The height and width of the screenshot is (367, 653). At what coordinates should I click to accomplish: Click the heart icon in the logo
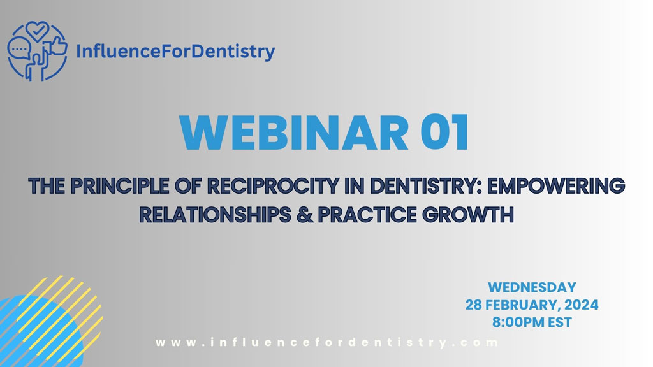[37, 31]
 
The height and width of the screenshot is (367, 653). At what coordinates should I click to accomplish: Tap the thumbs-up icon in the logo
[57, 45]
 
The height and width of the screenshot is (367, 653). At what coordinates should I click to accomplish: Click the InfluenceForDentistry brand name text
[175, 52]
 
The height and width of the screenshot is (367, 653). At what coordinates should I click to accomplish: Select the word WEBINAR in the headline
[294, 133]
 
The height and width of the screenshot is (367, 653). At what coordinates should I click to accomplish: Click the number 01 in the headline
[445, 133]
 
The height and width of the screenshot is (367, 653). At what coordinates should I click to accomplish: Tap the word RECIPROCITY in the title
[272, 186]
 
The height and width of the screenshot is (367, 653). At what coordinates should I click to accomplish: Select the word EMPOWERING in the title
[556, 186]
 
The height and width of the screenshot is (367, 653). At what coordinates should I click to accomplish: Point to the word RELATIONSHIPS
[215, 215]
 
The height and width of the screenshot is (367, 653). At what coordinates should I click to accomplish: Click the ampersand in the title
[305, 215]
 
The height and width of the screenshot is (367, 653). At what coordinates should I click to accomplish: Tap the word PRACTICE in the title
[367, 215]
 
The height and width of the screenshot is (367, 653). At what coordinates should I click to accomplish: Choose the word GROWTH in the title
[468, 215]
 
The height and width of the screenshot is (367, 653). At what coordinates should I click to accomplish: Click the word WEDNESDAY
[532, 287]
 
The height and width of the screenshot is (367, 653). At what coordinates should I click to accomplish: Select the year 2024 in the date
[581, 305]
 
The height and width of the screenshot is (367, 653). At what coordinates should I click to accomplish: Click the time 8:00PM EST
[532, 322]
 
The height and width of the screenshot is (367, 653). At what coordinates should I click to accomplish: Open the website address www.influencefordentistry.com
[327, 342]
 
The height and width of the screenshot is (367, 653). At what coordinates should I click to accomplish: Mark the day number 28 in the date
[473, 305]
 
